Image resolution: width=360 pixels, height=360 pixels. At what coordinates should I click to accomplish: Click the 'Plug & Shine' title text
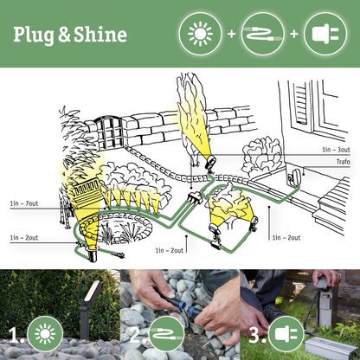pyautogui.click(x=70, y=35)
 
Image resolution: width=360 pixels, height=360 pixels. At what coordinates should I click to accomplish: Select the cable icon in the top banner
pyautogui.click(x=261, y=35)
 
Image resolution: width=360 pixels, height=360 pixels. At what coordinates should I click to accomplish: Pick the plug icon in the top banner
pyautogui.click(x=325, y=35)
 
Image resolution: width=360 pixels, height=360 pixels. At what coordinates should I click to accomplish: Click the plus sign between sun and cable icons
pyautogui.click(x=229, y=35)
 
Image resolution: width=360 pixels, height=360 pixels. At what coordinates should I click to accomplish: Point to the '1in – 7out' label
pyautogui.click(x=24, y=203)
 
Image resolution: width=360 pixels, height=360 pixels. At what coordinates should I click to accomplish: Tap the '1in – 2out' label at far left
pyautogui.click(x=24, y=236)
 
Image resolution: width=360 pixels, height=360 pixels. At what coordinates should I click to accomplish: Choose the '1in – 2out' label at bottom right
pyautogui.click(x=286, y=236)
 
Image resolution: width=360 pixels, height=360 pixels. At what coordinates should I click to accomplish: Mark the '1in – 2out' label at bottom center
pyautogui.click(x=170, y=250)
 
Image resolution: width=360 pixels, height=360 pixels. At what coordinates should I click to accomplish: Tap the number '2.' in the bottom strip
pyautogui.click(x=134, y=334)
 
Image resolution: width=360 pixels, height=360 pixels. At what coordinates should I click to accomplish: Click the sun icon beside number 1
pyautogui.click(x=45, y=334)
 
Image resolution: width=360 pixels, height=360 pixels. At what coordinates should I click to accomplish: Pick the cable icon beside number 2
pyautogui.click(x=166, y=334)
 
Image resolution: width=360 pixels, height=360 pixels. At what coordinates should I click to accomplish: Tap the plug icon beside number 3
pyautogui.click(x=286, y=334)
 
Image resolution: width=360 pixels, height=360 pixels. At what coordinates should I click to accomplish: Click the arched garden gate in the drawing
pyautogui.click(x=107, y=131)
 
